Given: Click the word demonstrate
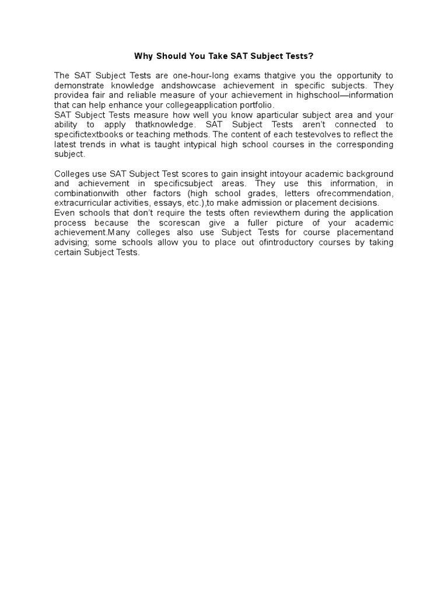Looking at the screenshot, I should (x=79, y=86).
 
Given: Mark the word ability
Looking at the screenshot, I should (x=65, y=125).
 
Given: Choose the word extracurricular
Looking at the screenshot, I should (x=81, y=203).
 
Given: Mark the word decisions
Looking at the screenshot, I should (x=358, y=203).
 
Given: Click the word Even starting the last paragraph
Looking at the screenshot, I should (x=64, y=213).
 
